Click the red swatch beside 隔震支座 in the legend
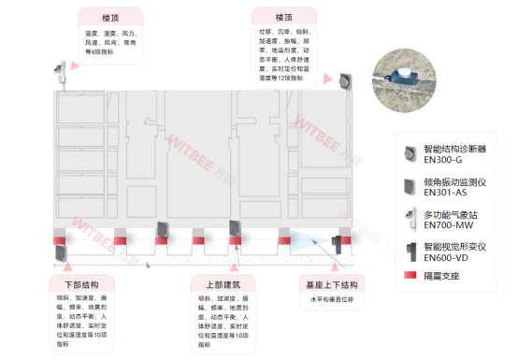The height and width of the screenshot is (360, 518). (408, 277)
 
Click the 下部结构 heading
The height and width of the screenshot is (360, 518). (82, 283)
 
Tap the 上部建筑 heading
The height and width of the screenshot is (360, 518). (222, 283)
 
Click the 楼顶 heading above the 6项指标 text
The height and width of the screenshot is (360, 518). (111, 18)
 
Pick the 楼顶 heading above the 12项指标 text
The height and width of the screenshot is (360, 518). (284, 18)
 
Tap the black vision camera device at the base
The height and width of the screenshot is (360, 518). (338, 244)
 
